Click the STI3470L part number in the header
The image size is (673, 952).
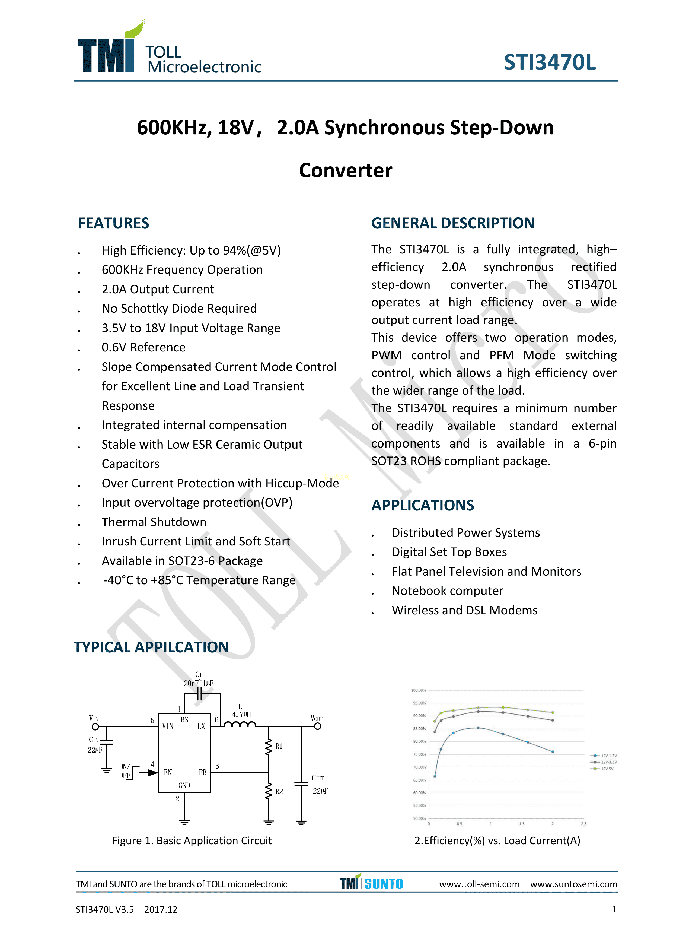coord(550,63)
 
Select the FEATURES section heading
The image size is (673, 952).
coord(114,223)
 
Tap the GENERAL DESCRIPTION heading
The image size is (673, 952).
coord(452,223)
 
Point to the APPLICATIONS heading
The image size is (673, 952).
coord(422,505)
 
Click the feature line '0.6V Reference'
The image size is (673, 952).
coord(143,347)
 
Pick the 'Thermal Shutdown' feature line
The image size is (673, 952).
coord(154,522)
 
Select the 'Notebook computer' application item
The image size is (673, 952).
coord(447,591)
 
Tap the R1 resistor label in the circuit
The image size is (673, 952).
coord(279,746)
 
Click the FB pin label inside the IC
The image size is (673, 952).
coord(202,772)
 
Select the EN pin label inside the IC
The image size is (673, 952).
coord(167,772)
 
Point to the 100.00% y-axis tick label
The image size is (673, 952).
coord(418,690)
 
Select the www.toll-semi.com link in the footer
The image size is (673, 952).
coord(479,884)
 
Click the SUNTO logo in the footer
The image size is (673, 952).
coord(383,884)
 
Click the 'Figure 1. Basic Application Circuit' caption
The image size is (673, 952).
coord(192,840)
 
